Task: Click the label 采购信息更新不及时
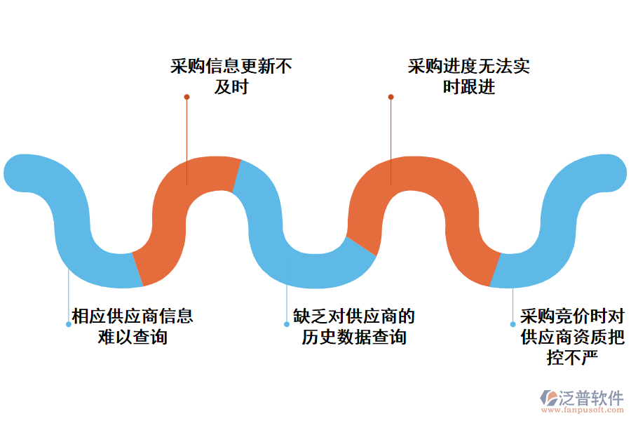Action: point(231,76)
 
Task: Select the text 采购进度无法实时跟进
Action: point(468,76)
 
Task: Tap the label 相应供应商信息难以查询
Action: point(133,326)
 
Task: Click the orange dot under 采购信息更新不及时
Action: point(186,97)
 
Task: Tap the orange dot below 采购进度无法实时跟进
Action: point(391,97)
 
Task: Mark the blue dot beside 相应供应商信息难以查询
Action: point(68,324)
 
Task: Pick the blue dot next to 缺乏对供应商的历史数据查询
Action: point(287,324)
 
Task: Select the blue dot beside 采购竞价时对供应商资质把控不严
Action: point(513,324)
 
